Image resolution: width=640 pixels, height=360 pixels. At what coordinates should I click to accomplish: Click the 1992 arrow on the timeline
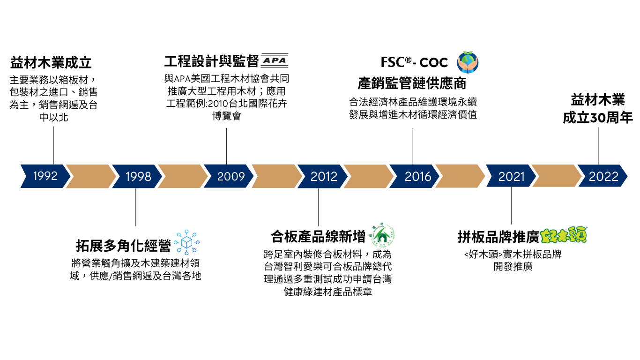pyautogui.click(x=45, y=176)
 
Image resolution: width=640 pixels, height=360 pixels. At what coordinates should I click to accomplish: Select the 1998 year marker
pyautogui.click(x=138, y=176)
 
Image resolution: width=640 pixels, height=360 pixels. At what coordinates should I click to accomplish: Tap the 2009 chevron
pyautogui.click(x=231, y=176)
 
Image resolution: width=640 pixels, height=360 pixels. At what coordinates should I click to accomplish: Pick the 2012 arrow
pyautogui.click(x=324, y=176)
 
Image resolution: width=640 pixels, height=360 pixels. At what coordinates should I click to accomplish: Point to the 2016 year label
pyautogui.click(x=417, y=176)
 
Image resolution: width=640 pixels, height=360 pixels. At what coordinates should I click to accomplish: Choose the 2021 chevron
pyautogui.click(x=511, y=176)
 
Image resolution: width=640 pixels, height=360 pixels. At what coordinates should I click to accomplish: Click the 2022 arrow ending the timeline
pyautogui.click(x=603, y=176)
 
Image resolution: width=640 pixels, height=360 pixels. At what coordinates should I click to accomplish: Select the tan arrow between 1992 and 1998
pyautogui.click(x=90, y=176)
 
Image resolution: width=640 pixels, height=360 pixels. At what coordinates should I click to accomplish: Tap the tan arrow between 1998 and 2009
pyautogui.click(x=182, y=176)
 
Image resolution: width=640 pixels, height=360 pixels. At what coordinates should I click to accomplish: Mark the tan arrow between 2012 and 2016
pyautogui.click(x=368, y=176)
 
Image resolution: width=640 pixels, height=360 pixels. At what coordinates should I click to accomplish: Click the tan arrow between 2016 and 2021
pyautogui.click(x=460, y=176)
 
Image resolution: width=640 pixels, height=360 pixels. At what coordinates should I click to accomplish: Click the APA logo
pyautogui.click(x=275, y=60)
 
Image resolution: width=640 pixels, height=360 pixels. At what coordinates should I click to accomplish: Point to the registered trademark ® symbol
pyautogui.click(x=408, y=60)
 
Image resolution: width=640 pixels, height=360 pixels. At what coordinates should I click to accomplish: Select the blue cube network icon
pyautogui.click(x=186, y=242)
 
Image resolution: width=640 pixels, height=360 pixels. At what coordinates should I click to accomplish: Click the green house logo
pyautogui.click(x=382, y=235)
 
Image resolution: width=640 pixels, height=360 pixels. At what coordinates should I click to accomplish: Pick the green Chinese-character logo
pyautogui.click(x=563, y=235)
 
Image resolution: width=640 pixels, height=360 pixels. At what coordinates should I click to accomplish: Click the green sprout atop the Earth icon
pyautogui.click(x=468, y=53)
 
